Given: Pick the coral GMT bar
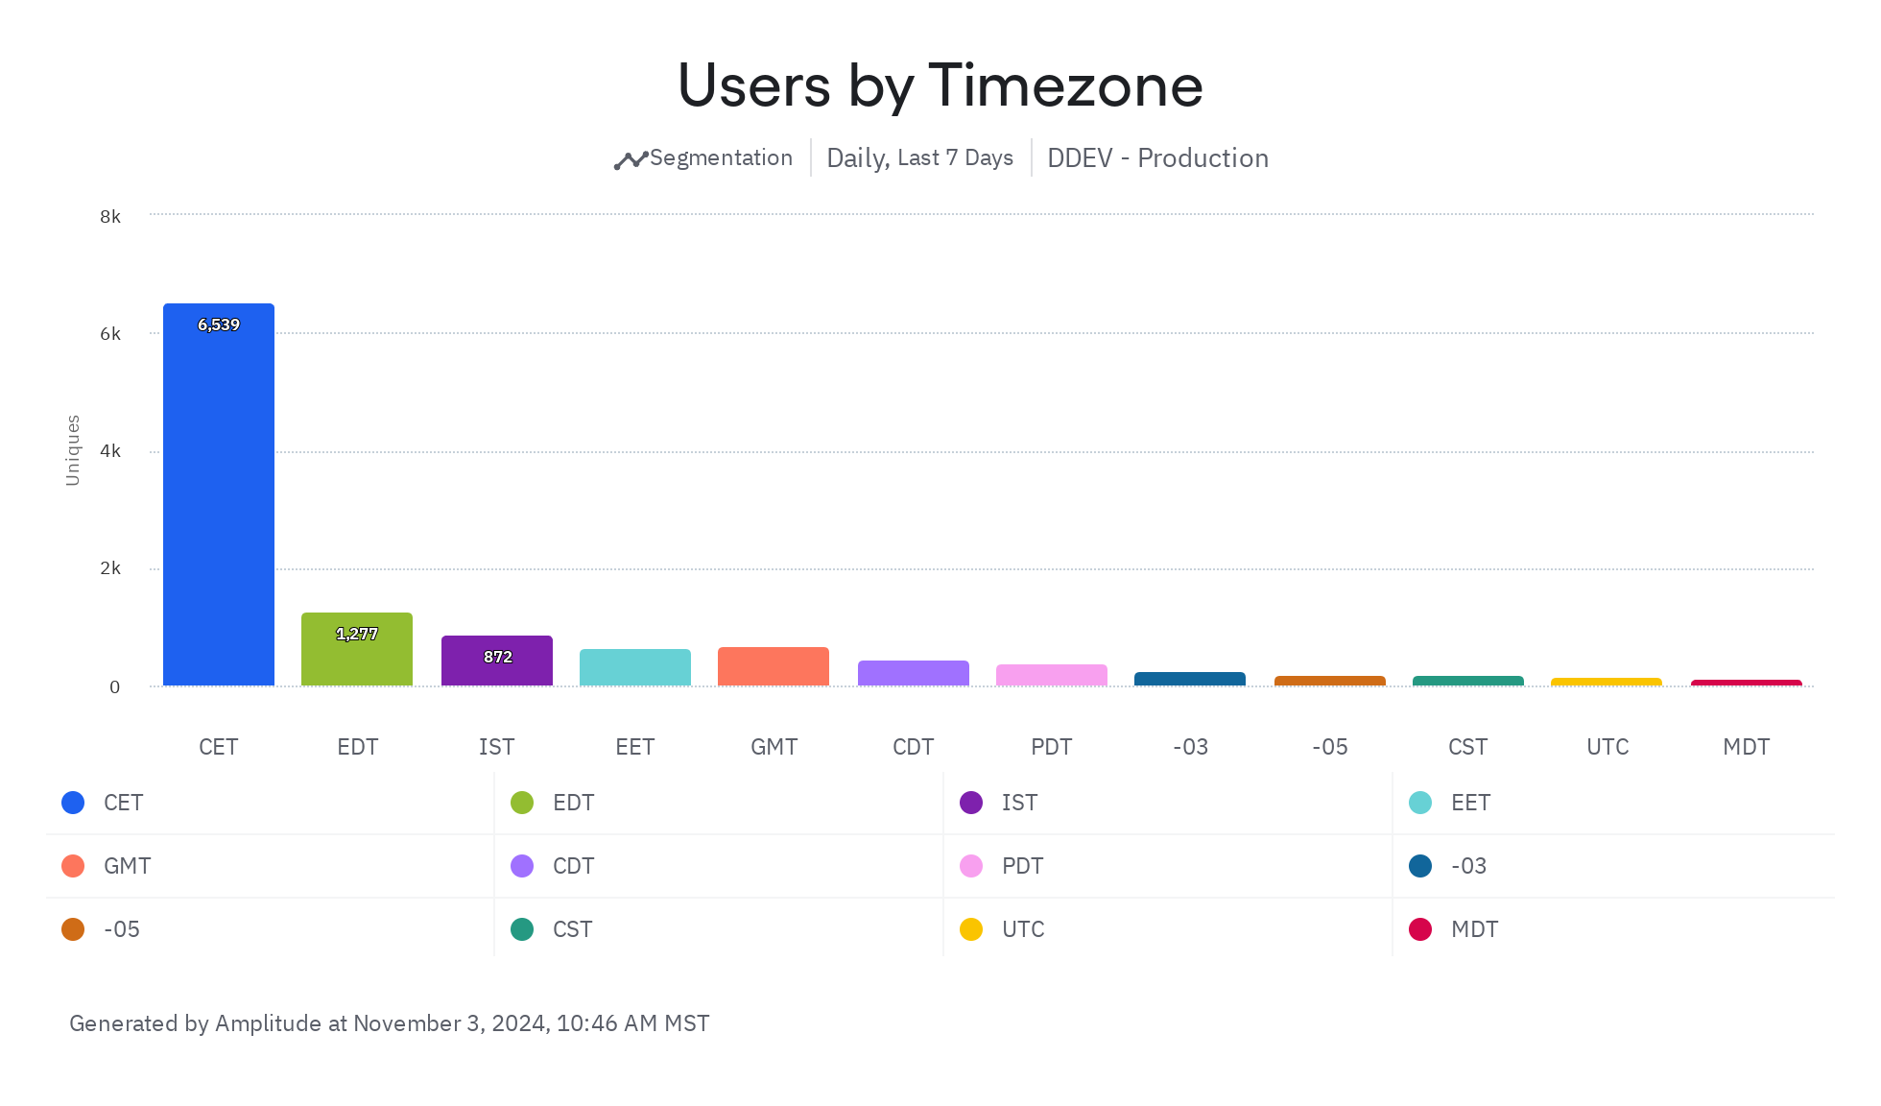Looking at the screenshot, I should click(x=774, y=667).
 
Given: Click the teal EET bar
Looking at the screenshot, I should click(x=635, y=668).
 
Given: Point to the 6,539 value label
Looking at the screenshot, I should click(x=219, y=325).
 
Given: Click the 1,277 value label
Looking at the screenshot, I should click(x=357, y=634).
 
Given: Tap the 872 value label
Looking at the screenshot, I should click(x=497, y=657).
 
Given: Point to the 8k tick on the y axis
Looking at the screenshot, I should click(x=110, y=217).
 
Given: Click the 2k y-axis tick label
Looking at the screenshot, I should click(x=110, y=568).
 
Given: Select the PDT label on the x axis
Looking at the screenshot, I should click(x=1052, y=747).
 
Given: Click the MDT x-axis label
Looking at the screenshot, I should click(x=1746, y=747).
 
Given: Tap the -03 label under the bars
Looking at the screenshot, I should click(x=1190, y=747).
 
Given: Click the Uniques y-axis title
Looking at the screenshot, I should click(x=73, y=450).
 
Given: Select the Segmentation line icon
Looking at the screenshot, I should click(x=631, y=160).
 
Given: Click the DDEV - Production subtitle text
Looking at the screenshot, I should click(x=1157, y=158).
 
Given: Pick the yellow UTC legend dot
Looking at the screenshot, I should click(x=971, y=929).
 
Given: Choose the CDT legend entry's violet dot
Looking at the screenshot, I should click(x=522, y=866).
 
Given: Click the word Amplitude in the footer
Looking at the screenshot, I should click(x=268, y=1023).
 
